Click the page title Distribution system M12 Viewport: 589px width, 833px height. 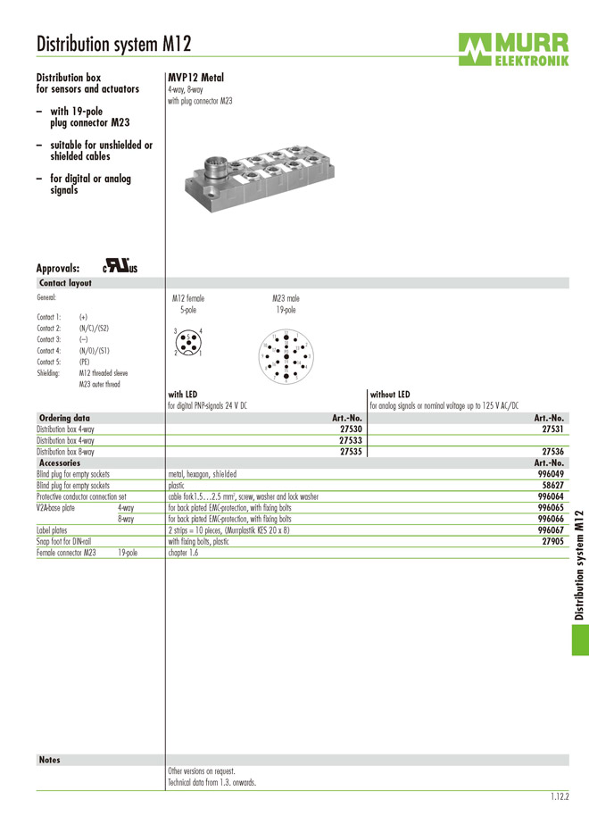113,45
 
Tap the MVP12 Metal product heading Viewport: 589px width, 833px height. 195,78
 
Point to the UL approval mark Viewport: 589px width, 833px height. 120,267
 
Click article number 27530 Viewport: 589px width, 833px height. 351,429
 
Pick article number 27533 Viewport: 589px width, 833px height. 351,440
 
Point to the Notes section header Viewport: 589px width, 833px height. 50,760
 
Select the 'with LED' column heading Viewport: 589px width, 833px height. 183,394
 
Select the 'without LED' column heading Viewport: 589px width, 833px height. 389,394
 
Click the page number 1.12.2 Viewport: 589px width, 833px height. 560,796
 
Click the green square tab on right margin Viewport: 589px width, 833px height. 579,638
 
